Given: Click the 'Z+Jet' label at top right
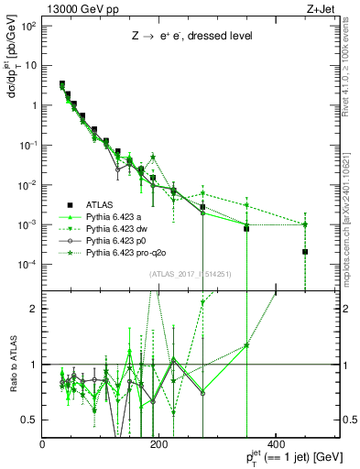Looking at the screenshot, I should [x=317, y=8].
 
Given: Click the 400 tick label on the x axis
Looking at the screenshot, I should [x=276, y=444].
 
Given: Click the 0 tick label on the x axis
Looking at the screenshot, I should [x=43, y=444].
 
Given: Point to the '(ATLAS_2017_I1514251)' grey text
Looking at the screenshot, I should [x=194, y=274].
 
